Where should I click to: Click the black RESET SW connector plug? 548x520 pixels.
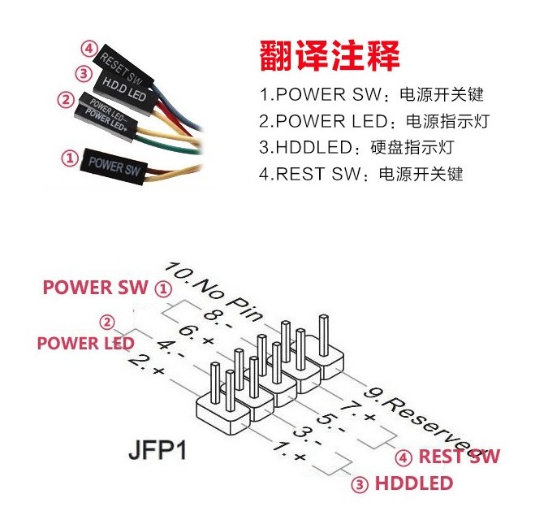tap(123, 67)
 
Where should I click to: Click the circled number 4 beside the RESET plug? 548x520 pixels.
tap(89, 49)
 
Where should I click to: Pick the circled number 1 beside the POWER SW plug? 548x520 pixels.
tap(70, 158)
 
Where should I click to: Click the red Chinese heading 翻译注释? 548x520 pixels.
tap(330, 56)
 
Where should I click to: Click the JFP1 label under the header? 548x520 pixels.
tap(157, 450)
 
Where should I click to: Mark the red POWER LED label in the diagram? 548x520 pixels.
tap(85, 343)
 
